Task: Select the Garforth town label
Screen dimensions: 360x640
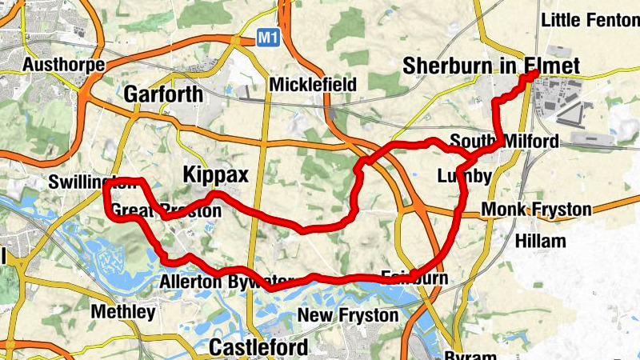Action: click(x=163, y=94)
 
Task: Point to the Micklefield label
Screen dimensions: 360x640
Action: click(x=313, y=84)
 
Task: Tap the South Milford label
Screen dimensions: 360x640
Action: click(x=504, y=142)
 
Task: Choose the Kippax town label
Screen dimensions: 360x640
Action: click(x=216, y=174)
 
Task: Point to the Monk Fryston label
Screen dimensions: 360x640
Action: click(x=537, y=210)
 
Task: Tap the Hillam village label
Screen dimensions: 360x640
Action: click(x=541, y=241)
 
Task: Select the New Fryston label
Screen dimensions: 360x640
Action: click(x=347, y=315)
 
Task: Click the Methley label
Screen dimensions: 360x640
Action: click(x=122, y=312)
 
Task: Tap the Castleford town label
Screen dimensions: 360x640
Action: click(x=258, y=348)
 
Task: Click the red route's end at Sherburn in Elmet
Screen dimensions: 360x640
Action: click(x=534, y=75)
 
